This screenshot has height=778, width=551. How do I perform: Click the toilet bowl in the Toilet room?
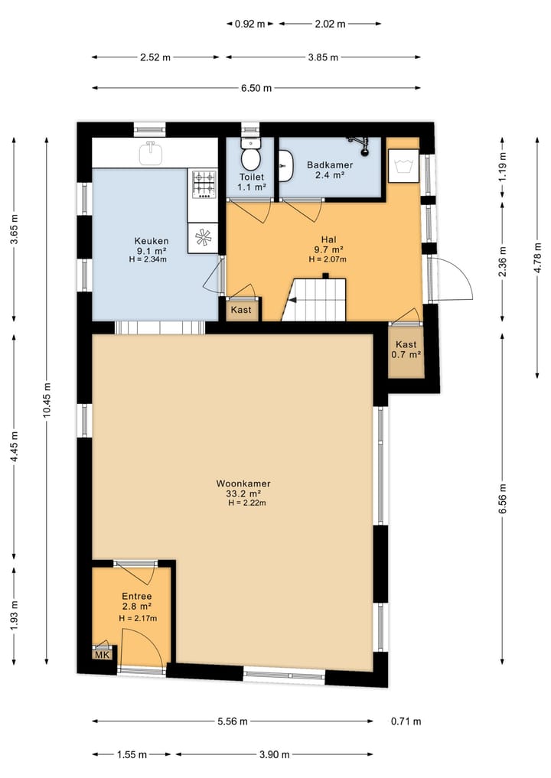[x=252, y=155]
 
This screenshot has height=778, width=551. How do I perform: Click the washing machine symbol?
[x=403, y=164]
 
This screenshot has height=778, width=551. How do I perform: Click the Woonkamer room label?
[x=243, y=483]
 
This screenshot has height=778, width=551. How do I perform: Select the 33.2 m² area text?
[x=243, y=493]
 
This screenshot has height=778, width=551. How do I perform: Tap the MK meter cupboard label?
[x=103, y=655]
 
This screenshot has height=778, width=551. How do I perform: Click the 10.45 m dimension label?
[x=47, y=399]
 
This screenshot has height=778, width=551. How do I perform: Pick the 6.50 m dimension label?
[x=256, y=88]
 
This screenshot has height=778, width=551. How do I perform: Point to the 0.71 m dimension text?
[x=406, y=721]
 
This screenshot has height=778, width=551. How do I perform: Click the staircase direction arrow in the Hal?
[x=292, y=300]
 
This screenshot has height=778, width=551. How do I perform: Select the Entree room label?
[x=137, y=597]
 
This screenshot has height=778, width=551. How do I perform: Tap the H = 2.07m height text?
[x=328, y=259]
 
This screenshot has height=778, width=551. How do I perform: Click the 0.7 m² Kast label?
[x=406, y=354]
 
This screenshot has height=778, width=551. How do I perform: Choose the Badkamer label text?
[x=330, y=165]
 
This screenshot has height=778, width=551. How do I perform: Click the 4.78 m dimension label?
[x=537, y=257]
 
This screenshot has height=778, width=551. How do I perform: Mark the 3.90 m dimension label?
[x=274, y=755]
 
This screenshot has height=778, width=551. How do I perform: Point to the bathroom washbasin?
[x=286, y=164]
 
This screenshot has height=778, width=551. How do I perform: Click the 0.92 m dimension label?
[x=249, y=24]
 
